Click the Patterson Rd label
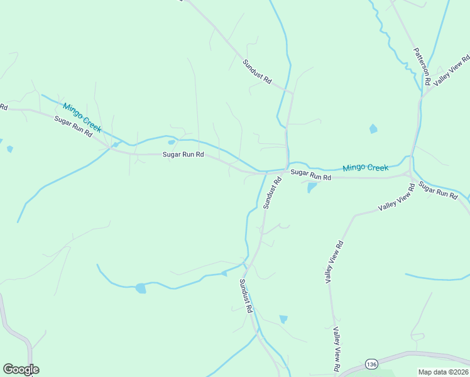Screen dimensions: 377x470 [x=422, y=66]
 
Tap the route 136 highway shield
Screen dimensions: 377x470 [x=371, y=364]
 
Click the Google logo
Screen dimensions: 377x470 [x=21, y=369]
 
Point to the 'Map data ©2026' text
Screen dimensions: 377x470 [x=443, y=372]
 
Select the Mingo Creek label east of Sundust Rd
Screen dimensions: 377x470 [x=365, y=168]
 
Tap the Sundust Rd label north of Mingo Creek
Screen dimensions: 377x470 [x=258, y=72]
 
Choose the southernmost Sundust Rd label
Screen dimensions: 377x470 [x=245, y=296]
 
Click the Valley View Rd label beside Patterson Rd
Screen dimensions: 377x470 [x=452, y=72]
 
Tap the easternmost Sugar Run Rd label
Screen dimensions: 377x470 [x=437, y=190]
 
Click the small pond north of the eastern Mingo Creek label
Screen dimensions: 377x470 [x=374, y=129]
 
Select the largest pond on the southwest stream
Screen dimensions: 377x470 [x=141, y=288]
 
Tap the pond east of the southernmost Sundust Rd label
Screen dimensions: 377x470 [x=283, y=319]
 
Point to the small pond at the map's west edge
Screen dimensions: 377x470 [x=9, y=149]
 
